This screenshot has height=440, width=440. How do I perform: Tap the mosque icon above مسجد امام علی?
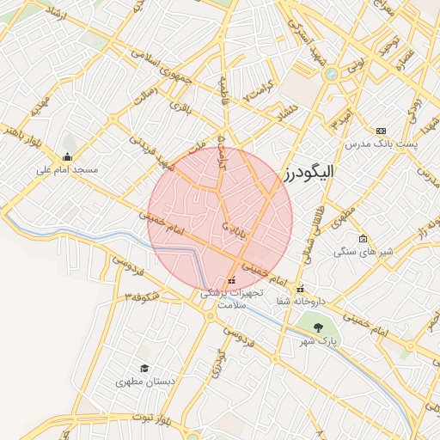pyautogui.click(x=67, y=156)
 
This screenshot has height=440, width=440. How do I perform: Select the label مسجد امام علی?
pyautogui.click(x=67, y=170)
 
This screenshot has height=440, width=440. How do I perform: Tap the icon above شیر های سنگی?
pyautogui.click(x=363, y=238)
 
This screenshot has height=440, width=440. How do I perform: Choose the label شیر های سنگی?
pyautogui.click(x=363, y=252)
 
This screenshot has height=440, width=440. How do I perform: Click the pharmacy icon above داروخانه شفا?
pyautogui.click(x=300, y=288)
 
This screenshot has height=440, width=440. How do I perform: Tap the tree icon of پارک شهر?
pyautogui.click(x=319, y=327)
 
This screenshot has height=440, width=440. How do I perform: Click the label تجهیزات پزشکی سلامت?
pyautogui.click(x=231, y=299)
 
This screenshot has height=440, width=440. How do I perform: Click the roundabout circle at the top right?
pyautogui.click(x=330, y=74)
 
